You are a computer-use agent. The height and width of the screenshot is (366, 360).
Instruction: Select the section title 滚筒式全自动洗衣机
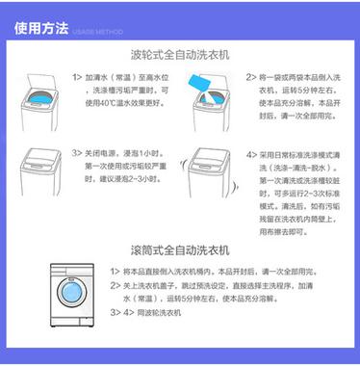tap(179, 247)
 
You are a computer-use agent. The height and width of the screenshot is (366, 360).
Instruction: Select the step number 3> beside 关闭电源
tap(77, 153)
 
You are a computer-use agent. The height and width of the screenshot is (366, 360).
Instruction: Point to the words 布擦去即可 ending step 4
tap(274, 232)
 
